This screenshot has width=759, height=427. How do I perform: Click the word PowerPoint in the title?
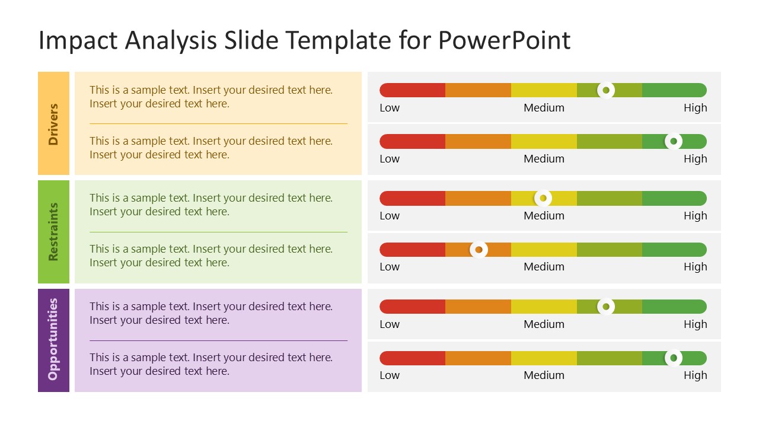(504, 40)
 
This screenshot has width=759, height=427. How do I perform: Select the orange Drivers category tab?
(53, 123)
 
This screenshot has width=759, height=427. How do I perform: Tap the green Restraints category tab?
(53, 232)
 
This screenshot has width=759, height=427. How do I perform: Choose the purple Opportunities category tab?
(53, 340)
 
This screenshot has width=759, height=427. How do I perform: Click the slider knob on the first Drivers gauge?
(605, 90)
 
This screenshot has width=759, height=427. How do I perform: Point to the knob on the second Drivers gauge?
(673, 141)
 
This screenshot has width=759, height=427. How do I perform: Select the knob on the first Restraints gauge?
(543, 198)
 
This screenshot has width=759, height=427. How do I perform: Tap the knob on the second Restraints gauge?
(479, 250)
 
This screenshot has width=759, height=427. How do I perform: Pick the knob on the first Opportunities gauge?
(605, 307)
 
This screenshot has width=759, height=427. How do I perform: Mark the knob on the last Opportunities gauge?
(673, 358)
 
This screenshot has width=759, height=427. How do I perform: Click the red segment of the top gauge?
(413, 90)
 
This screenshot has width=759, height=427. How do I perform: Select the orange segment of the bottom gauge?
(478, 358)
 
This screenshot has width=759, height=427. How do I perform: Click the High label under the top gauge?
(695, 108)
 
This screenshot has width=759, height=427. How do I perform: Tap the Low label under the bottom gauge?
(390, 375)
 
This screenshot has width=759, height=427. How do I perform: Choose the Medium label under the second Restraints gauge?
(544, 267)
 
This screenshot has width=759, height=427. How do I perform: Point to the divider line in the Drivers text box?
(218, 123)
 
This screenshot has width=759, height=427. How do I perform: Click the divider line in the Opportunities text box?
(218, 340)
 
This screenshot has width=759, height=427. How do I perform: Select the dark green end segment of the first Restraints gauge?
(674, 198)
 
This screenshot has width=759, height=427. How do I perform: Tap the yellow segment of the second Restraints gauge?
(544, 250)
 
